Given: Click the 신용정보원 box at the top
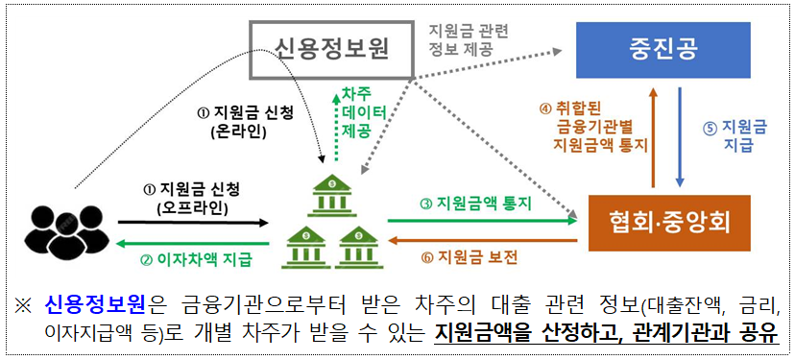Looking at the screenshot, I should pos(331,49).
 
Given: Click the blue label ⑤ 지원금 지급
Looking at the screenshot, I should pos(737,135).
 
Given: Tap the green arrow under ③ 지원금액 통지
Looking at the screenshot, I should pos(480,220).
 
